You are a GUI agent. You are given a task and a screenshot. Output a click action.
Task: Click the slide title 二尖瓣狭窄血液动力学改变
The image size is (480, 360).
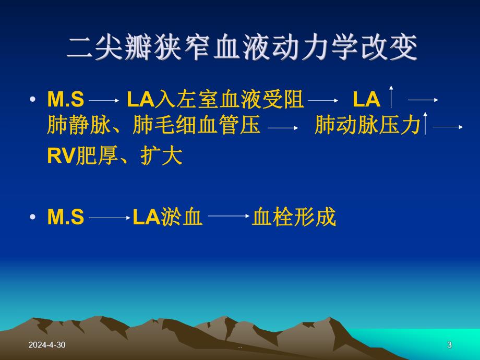(243, 49)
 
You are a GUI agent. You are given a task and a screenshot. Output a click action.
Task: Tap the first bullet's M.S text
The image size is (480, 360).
(65, 99)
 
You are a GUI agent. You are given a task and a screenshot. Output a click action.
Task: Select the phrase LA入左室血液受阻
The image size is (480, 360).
(215, 99)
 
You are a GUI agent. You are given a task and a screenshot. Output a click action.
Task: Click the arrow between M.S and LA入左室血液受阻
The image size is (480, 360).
(104, 99)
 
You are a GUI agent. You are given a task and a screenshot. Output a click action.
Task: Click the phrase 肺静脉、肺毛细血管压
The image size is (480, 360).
(153, 126)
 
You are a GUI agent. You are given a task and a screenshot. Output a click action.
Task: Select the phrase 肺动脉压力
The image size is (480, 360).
(367, 126)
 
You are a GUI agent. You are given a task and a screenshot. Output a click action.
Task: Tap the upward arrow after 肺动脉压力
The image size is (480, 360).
(426, 123)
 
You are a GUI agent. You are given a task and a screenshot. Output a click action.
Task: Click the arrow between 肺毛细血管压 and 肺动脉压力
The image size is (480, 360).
(283, 127)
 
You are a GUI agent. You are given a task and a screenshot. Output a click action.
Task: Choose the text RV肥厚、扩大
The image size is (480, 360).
(115, 156)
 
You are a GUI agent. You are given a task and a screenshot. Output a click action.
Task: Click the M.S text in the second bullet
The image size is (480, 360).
(65, 217)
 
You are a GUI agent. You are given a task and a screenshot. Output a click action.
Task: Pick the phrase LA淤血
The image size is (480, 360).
(167, 217)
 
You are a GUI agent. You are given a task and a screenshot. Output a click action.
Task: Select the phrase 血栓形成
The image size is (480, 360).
(294, 217)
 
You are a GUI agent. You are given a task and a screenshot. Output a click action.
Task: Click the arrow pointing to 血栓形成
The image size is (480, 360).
(228, 216)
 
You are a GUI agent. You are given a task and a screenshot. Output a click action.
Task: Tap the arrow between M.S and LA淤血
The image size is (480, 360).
(109, 217)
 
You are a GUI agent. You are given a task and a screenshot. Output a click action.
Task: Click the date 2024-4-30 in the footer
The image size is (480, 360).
(47, 345)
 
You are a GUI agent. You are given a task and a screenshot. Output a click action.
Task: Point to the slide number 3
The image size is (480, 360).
(449, 345)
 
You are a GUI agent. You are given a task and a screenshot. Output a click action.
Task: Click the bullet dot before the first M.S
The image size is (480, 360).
(34, 99)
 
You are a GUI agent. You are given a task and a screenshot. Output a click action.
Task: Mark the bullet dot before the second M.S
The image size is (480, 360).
(34, 217)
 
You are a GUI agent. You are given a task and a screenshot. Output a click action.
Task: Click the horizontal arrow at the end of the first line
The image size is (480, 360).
(423, 99)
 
